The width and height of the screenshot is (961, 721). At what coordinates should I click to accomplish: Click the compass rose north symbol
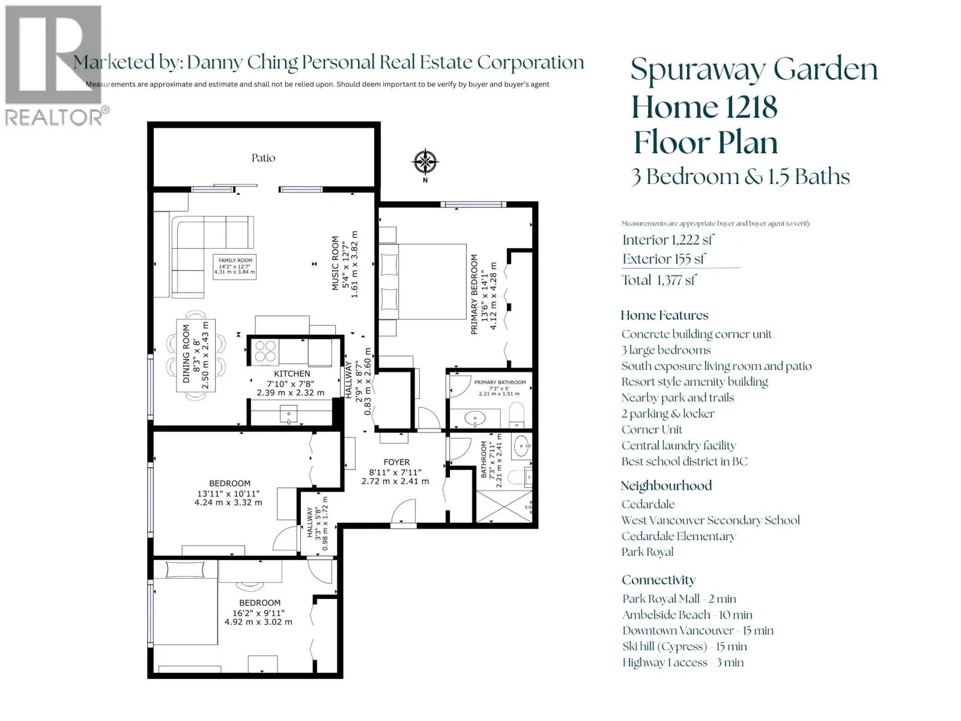coord(425,162)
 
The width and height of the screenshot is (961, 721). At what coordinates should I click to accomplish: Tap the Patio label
coord(263,158)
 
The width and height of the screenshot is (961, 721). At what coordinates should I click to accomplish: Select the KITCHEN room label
coord(291,373)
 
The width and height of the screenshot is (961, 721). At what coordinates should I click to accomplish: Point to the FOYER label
coord(396,462)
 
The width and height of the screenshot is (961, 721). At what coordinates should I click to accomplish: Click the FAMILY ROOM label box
coord(235,266)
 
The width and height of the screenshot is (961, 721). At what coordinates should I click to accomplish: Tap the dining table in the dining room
coord(196,356)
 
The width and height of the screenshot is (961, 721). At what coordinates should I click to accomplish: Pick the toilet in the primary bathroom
coord(517,415)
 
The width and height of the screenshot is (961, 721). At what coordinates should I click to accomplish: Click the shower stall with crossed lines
coord(504,507)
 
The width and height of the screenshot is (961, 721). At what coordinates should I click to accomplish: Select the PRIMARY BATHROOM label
coord(500,382)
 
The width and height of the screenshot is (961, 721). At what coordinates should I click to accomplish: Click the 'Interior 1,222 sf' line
coord(668,240)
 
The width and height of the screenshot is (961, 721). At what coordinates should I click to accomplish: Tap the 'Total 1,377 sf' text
coord(658,280)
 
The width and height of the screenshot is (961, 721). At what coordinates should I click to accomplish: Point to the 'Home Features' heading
coord(664,315)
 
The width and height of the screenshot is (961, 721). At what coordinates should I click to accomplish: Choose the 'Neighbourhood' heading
coord(666,485)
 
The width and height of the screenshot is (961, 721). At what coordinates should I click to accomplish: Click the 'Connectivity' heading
coord(658,580)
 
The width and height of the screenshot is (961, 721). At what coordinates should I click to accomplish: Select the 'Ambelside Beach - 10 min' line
coord(687,615)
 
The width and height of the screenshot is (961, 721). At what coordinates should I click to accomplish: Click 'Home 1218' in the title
coord(704,107)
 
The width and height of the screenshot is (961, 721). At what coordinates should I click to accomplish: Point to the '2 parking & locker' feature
coord(668,414)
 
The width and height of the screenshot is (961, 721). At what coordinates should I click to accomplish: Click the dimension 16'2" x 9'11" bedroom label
coord(258,613)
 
